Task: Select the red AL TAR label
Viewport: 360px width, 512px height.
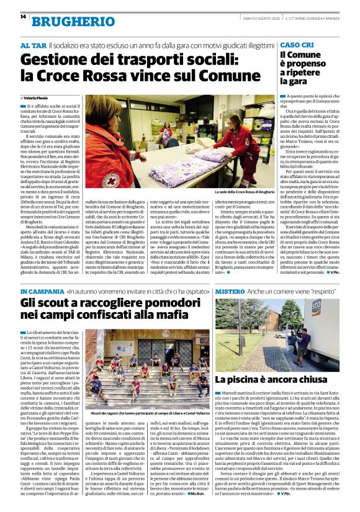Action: coord(34,46)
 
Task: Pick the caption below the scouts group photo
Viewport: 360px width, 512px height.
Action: coord(137,411)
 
